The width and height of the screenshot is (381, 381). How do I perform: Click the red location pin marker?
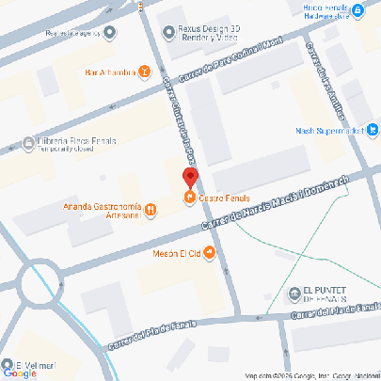tap(190, 177)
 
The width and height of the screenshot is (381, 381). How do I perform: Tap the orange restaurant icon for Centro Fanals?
tap(190, 197)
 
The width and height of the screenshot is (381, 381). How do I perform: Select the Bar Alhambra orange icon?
tap(144, 71)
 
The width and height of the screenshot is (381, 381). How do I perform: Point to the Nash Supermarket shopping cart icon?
tap(373, 131)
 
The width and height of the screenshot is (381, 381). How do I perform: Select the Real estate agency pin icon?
tap(110, 33)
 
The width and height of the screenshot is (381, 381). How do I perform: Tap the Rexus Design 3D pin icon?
tap(168, 30)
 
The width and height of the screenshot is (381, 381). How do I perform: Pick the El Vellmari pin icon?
tap(8, 365)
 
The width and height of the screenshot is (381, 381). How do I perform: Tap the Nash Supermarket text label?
tap(328, 131)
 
